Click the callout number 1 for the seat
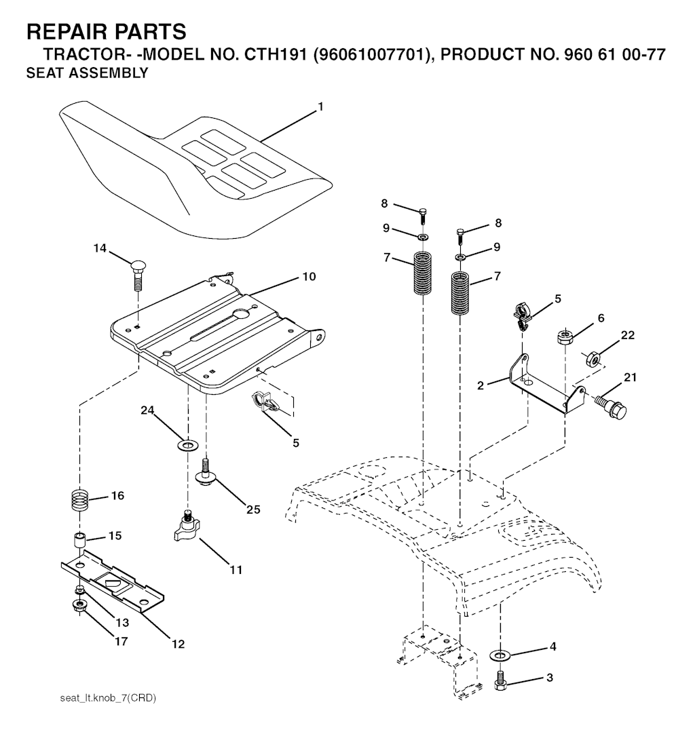320,107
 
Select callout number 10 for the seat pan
309,276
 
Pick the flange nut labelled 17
79,606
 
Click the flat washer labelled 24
188,444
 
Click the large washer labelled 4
500,655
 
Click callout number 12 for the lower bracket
178,644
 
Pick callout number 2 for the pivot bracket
481,385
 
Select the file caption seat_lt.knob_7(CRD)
108,698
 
